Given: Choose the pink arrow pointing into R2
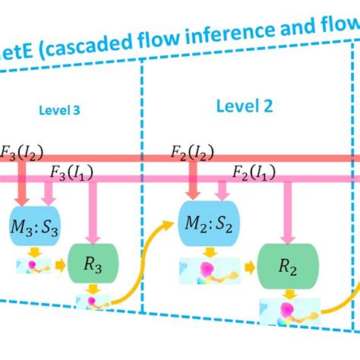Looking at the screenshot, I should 289,209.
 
